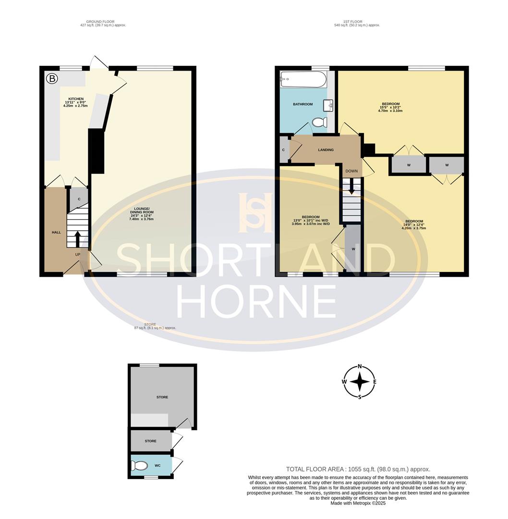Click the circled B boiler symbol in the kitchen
tap(50, 77)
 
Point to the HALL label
tap(56, 232)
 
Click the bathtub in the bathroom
tap(303, 79)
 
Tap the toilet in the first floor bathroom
tap(319, 123)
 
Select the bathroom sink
tap(328, 105)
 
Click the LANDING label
tap(326, 150)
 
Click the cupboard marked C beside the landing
tap(284, 150)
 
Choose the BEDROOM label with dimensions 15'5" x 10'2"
tap(390, 104)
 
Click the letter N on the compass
tap(360, 367)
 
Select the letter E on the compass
tap(375, 382)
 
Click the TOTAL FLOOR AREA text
tap(358, 469)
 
